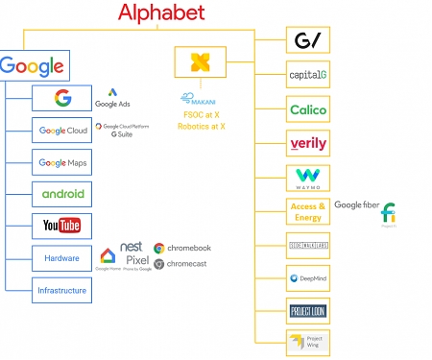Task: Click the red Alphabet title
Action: pos(160,12)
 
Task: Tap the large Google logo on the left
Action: pos(32,66)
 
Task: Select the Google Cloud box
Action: pos(62,131)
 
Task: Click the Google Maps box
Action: pos(62,162)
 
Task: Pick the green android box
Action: pos(62,194)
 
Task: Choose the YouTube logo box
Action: pos(62,226)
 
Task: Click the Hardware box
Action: pos(62,257)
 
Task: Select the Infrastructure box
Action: pos(62,290)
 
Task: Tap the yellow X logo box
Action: pos(200,62)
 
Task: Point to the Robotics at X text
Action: pos(202,126)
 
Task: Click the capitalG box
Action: pos(307,75)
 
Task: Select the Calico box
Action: pos(307,109)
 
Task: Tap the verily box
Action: pos(307,144)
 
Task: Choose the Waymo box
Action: pos(307,179)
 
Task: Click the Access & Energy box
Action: pos(307,211)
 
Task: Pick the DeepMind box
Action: pos(307,279)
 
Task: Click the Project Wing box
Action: pos(307,341)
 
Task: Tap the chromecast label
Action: pos(188,263)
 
